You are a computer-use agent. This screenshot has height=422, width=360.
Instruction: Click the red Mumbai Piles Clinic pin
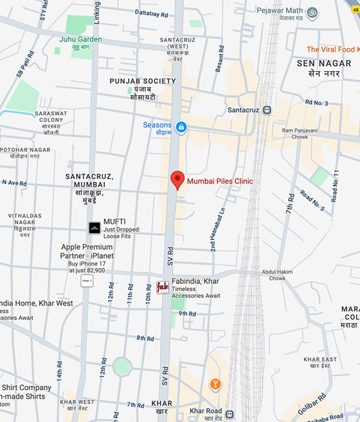(x=178, y=179)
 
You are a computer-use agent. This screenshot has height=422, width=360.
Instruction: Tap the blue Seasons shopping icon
(x=181, y=127)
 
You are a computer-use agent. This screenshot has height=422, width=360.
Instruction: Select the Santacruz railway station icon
(x=268, y=110)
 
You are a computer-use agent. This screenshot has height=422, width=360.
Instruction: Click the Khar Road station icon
(x=229, y=414)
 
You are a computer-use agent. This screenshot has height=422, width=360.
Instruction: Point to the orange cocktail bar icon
(x=215, y=384)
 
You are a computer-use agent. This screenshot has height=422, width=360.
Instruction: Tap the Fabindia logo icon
(x=162, y=287)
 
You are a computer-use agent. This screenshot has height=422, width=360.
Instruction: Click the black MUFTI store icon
(x=94, y=228)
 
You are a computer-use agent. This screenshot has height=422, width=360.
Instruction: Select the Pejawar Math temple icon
(x=312, y=12)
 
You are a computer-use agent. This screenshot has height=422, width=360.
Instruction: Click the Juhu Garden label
(x=80, y=39)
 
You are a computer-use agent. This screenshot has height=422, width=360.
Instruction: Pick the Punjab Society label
(x=143, y=81)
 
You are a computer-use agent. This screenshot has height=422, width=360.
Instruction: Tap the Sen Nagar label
(x=318, y=63)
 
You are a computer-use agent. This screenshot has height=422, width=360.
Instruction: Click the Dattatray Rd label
(x=151, y=14)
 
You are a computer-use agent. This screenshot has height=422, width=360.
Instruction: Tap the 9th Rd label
(x=187, y=314)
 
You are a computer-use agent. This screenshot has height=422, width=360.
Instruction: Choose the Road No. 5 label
(x=311, y=200)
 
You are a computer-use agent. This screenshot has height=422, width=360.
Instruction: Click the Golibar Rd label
(x=312, y=404)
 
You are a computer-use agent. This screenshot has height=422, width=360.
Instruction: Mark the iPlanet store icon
(x=87, y=281)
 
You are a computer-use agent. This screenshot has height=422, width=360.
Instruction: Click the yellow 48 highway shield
(x=355, y=9)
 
